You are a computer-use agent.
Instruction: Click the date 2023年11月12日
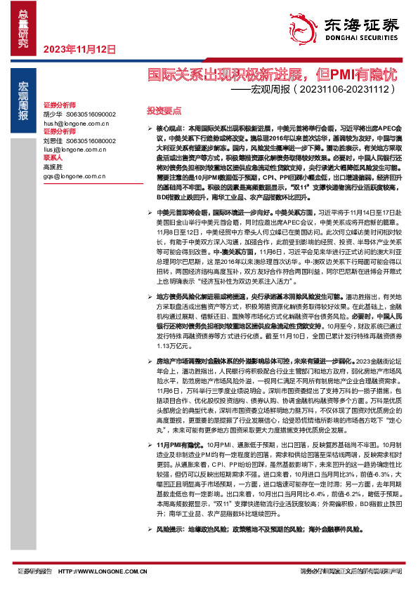79,49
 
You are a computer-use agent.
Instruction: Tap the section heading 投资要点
164,111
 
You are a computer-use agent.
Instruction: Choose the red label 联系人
53,158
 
